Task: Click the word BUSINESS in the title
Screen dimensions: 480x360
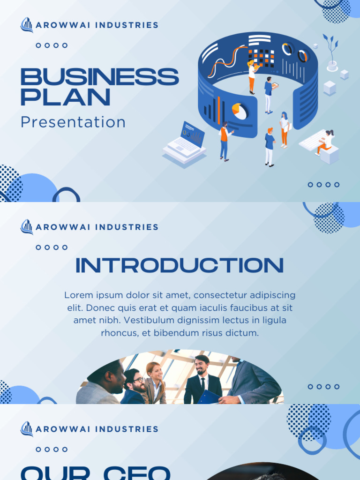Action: pyautogui.click(x=99, y=77)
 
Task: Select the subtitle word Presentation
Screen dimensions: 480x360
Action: pyautogui.click(x=73, y=122)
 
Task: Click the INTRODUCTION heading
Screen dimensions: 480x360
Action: pyautogui.click(x=180, y=265)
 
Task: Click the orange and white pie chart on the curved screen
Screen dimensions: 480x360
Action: pyautogui.click(x=240, y=111)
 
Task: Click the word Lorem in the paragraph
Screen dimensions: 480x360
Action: pyautogui.click(x=77, y=295)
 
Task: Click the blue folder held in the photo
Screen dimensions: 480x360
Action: pyautogui.click(x=208, y=397)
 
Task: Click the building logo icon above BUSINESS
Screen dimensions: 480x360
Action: pyautogui.click(x=27, y=25)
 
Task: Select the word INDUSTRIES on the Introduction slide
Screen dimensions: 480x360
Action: pyautogui.click(x=127, y=227)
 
